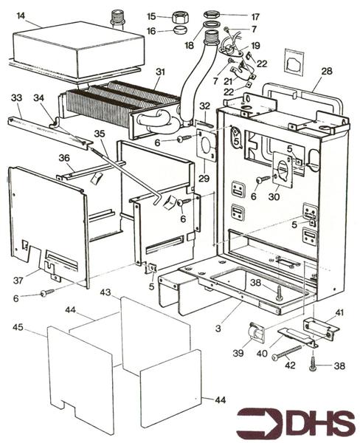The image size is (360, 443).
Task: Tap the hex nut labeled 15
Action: (x=180, y=17)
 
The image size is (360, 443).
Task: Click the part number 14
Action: (x=21, y=16)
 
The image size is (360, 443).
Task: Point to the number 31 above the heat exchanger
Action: (x=160, y=72)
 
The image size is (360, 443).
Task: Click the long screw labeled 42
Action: (x=286, y=352)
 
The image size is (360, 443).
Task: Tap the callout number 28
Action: (x=327, y=71)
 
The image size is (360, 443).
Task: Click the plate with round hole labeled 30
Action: (x=283, y=170)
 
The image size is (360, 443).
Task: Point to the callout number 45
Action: (x=18, y=328)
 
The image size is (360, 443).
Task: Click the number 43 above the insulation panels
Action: (x=105, y=292)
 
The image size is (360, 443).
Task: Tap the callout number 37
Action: (x=18, y=281)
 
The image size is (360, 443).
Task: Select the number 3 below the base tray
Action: (x=218, y=329)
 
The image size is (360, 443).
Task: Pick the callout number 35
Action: (x=100, y=134)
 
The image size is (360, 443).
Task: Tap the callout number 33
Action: (x=17, y=98)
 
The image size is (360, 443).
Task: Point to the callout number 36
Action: (x=64, y=158)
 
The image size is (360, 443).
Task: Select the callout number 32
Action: (x=205, y=106)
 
